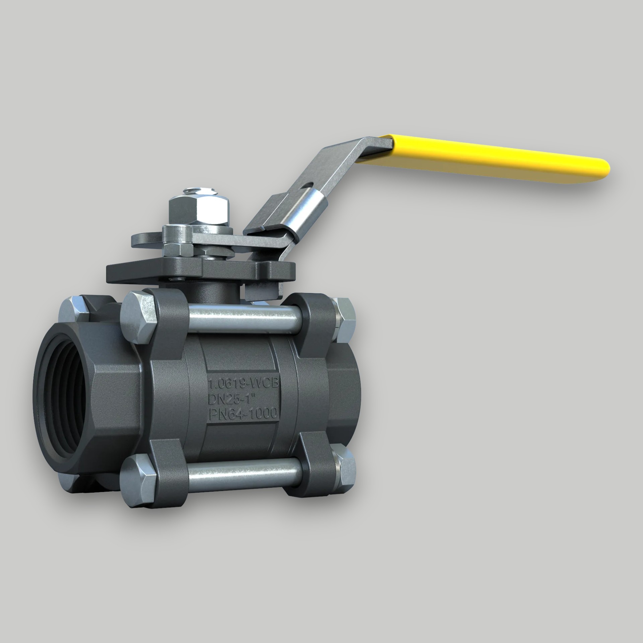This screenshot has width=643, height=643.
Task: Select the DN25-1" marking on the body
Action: (x=234, y=399)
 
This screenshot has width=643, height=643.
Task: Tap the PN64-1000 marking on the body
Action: (x=243, y=415)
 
